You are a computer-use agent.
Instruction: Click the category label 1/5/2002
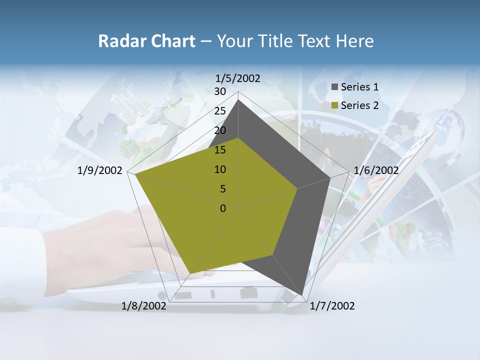click(238, 78)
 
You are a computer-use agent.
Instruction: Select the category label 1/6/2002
click(376, 170)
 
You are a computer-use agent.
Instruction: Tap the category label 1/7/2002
click(332, 306)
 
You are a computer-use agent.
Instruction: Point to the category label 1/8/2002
click(144, 306)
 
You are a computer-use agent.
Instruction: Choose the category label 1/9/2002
click(100, 170)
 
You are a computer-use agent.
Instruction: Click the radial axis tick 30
click(220, 91)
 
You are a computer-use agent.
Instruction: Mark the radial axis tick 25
click(220, 111)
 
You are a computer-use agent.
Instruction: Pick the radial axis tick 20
click(220, 130)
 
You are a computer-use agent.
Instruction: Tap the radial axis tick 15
click(220, 150)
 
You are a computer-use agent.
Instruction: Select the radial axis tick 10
click(220, 169)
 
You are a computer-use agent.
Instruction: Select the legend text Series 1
click(359, 87)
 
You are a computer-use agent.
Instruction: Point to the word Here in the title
click(354, 41)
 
